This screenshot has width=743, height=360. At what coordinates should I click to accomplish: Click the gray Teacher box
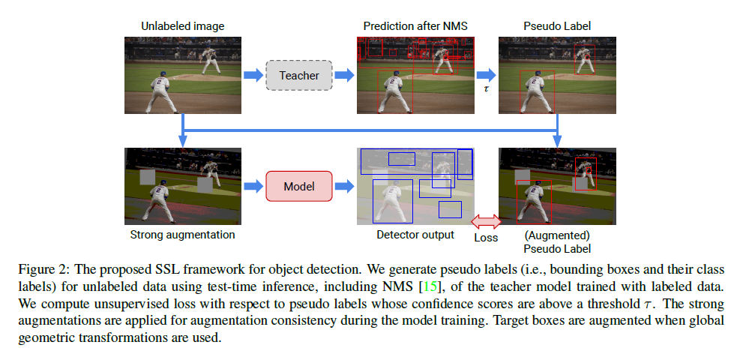[299, 75]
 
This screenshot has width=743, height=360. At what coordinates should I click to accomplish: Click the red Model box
[299, 186]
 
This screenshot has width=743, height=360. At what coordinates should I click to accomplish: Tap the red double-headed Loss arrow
[485, 221]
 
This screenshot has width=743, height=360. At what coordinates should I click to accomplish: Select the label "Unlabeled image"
[182, 26]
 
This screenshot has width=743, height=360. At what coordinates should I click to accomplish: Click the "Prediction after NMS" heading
[415, 26]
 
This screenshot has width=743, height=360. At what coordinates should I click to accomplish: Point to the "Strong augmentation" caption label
[182, 235]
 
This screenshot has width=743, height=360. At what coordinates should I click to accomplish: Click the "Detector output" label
[415, 235]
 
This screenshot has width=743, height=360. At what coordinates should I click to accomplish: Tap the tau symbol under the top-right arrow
[486, 88]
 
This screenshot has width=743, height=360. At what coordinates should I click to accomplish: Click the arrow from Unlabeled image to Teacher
[253, 75]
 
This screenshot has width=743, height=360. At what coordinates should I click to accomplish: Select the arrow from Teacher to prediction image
[345, 75]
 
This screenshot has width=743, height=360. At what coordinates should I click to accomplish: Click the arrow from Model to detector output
[345, 186]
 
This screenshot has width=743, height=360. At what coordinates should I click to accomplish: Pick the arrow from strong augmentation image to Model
[253, 186]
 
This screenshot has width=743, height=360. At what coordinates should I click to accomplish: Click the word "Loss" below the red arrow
[486, 238]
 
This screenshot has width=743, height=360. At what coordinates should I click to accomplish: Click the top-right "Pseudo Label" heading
[556, 26]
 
